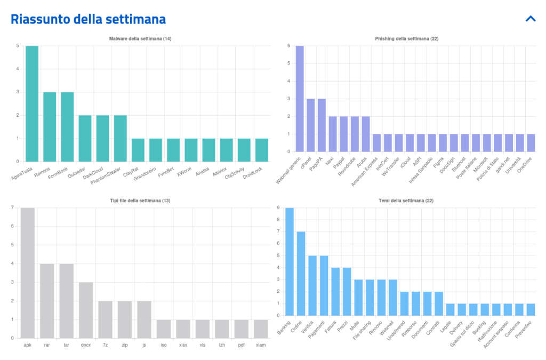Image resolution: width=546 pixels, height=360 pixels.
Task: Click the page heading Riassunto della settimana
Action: click(89, 19)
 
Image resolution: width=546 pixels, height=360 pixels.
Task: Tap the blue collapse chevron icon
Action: click(530, 19)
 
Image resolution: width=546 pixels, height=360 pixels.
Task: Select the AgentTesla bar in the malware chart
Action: click(32, 103)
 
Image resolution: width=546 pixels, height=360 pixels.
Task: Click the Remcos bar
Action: click(50, 127)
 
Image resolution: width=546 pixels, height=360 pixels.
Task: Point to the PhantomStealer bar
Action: click(121, 138)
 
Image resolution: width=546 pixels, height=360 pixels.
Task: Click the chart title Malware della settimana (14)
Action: click(140, 39)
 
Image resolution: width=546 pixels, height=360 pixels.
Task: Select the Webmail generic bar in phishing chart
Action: click(300, 99)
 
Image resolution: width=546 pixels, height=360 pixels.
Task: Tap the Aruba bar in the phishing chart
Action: click(366, 134)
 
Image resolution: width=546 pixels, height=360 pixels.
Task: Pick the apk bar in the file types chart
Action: click(28, 273)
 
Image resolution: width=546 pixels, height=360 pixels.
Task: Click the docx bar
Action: click(86, 310)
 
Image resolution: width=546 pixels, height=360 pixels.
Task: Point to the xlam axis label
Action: click(261, 345)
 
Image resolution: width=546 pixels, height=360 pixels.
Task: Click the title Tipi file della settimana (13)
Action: click(140, 201)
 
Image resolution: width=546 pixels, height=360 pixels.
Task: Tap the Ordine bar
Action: click(301, 274)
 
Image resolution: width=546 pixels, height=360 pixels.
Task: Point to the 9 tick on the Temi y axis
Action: click(279, 208)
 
